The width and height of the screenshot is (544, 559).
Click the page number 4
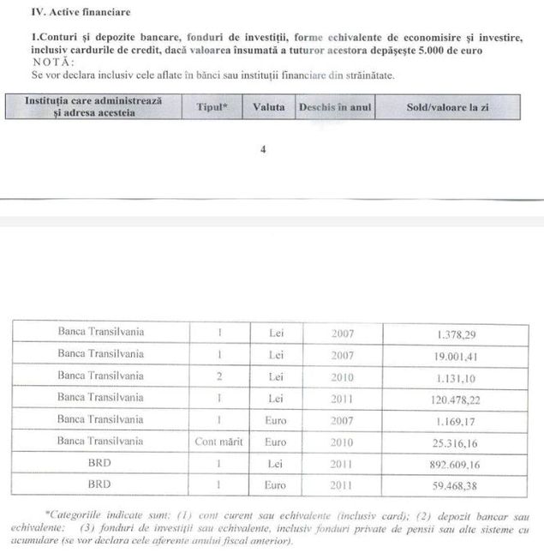click(263, 149)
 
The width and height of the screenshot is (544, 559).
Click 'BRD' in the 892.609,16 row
click(100, 464)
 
